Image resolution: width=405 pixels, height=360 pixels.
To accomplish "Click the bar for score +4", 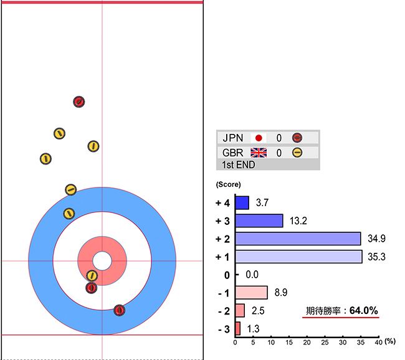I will (242, 202).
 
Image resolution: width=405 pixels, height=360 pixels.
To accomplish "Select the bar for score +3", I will (259, 220).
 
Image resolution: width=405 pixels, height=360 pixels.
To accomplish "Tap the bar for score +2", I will (298, 239).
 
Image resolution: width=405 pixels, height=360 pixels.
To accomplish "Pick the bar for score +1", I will (298, 257).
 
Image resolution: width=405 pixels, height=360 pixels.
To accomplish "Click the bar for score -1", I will (251, 292).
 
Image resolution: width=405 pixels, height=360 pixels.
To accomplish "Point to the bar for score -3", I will (237, 328).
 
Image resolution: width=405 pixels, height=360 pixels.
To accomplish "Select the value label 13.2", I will (297, 220).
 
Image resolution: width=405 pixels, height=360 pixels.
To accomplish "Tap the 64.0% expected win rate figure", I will (364, 310).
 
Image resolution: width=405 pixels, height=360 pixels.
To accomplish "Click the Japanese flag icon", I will (259, 138).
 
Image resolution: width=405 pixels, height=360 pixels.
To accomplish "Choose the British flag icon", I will (259, 153).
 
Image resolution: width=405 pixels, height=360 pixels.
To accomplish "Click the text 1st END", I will (239, 165).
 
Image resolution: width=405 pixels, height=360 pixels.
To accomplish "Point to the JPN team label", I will (234, 138).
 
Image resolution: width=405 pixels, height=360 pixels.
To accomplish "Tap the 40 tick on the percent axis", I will (378, 342).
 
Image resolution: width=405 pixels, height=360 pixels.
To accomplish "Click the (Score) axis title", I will (228, 185).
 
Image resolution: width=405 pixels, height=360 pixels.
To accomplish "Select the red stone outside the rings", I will (79, 102).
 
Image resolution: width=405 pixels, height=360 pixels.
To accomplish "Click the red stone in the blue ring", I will (120, 310).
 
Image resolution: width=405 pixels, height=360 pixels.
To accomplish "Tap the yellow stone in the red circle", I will (92, 275).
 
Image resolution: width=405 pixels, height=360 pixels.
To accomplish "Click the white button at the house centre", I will (102, 260).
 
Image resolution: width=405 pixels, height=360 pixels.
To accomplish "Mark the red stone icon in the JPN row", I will (297, 138).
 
